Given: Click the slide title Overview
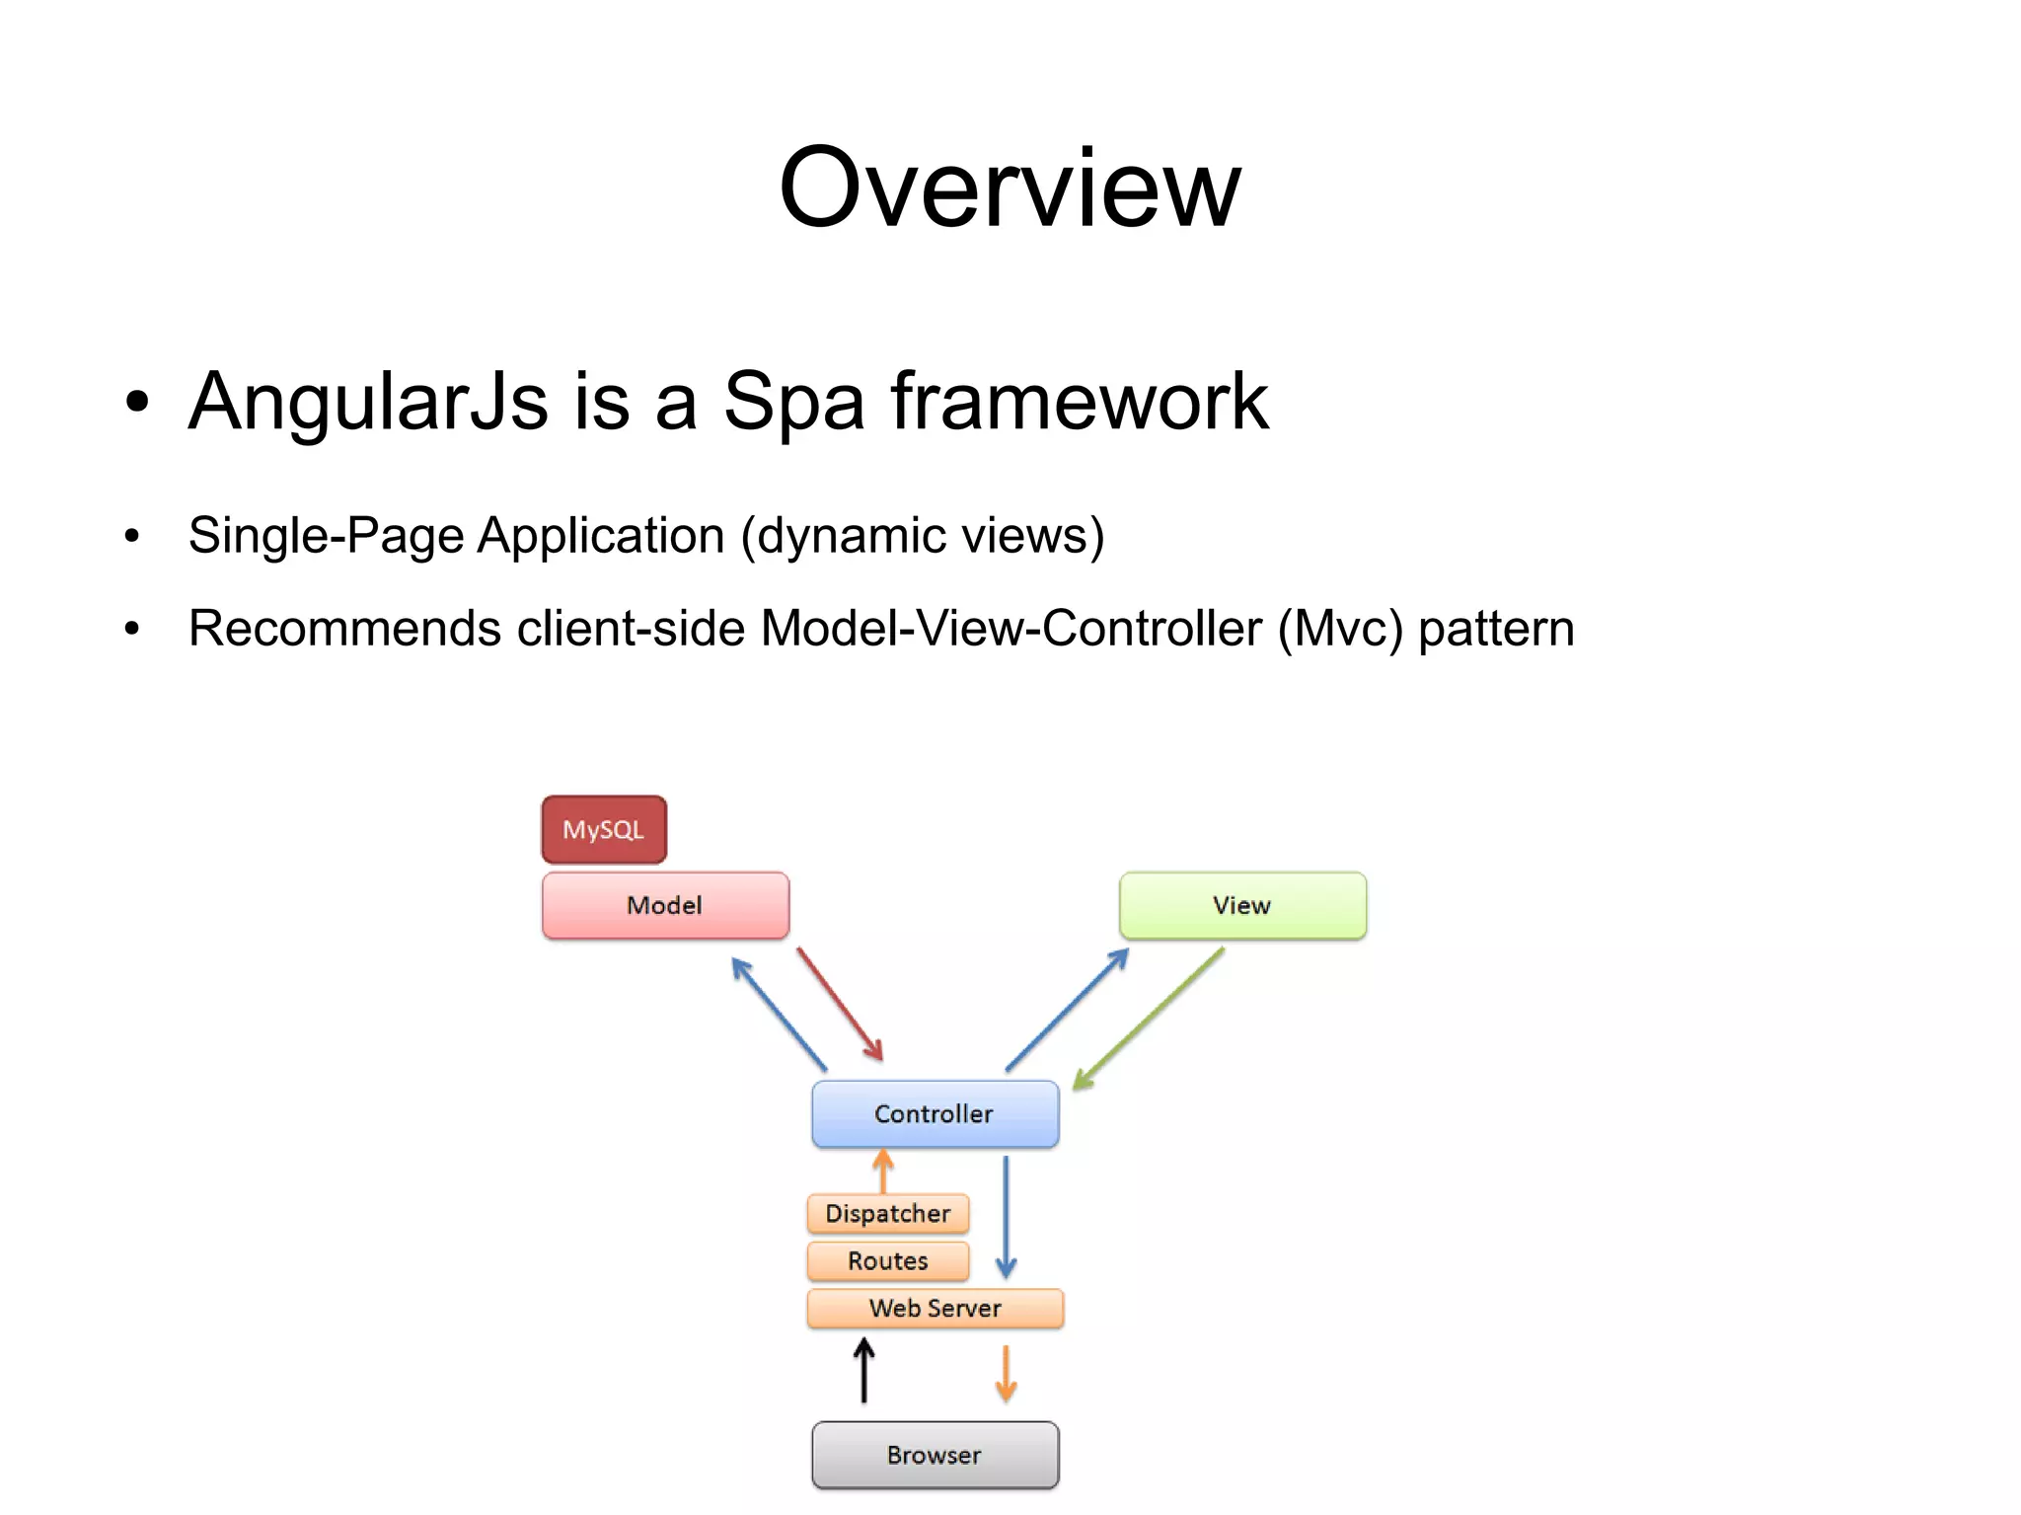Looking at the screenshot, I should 1009,188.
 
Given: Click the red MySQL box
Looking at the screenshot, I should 604,829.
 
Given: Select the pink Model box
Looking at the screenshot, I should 665,905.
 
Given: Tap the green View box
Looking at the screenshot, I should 1242,905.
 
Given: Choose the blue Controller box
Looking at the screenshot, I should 935,1113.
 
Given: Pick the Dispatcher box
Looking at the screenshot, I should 887,1213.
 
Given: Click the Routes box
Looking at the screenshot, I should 887,1260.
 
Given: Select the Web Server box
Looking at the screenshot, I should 935,1308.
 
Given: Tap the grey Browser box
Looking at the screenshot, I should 935,1455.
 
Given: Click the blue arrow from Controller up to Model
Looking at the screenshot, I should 780,1014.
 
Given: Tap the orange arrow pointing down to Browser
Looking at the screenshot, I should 1006,1373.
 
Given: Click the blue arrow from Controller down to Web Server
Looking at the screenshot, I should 1006,1217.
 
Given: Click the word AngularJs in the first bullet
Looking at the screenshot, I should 368,401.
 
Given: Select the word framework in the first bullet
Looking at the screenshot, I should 1079,401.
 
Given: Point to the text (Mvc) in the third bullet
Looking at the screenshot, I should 1339,629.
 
